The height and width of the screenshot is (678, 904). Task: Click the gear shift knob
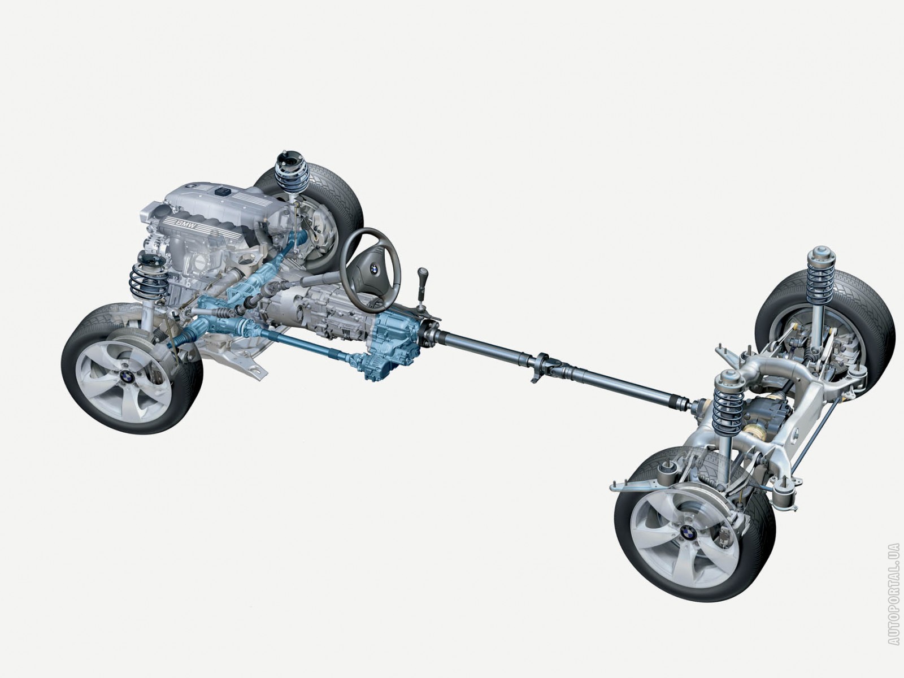(421, 273)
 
